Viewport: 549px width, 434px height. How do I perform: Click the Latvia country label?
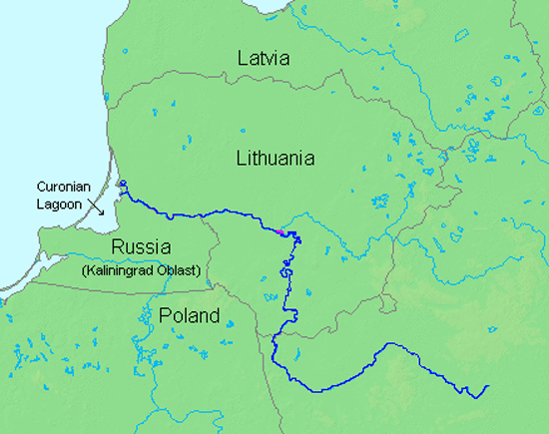264,59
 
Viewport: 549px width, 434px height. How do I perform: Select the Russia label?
140,247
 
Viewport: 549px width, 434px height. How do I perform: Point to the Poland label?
189,316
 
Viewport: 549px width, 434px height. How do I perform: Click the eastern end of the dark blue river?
488,385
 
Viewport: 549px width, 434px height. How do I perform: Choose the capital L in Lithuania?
242,158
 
